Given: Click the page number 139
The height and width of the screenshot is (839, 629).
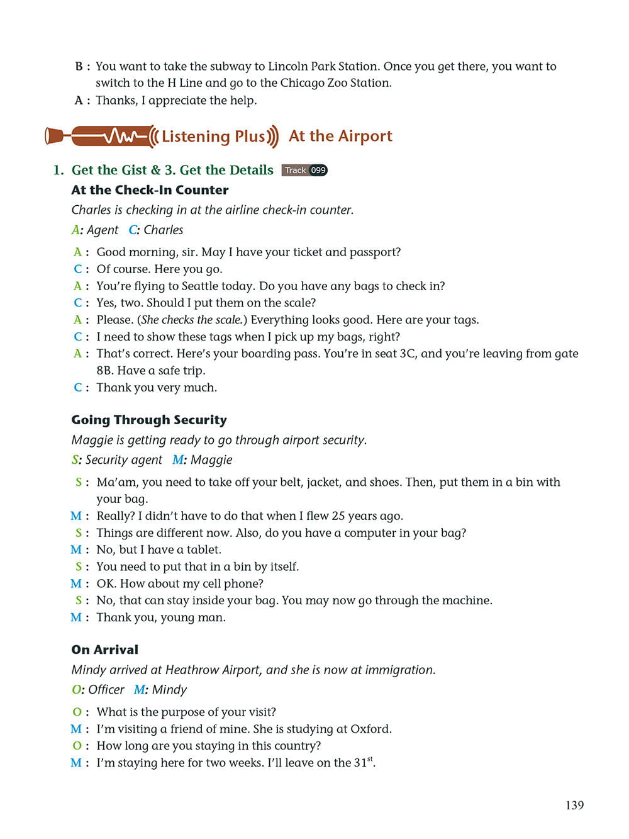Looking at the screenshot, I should click(574, 805).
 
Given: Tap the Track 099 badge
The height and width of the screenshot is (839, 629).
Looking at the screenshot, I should click(304, 170).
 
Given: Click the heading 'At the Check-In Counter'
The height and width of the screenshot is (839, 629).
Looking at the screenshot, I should click(150, 190).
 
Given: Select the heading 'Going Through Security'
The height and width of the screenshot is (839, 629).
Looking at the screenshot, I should click(149, 420).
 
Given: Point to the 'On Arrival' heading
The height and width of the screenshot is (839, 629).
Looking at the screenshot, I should click(104, 650).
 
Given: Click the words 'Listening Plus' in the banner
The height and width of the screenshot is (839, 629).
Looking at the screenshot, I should click(213, 137).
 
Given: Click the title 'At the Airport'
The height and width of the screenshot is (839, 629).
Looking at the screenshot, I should click(340, 136).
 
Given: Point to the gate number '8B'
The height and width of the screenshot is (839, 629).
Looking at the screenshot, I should click(104, 371).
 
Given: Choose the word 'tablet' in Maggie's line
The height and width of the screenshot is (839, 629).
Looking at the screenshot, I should click(204, 549).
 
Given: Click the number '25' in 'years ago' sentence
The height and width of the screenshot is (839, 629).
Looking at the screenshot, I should click(338, 516).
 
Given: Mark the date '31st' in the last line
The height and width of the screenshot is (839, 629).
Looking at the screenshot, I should click(363, 762).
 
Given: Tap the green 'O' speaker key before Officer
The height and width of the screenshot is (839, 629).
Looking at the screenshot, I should click(76, 690).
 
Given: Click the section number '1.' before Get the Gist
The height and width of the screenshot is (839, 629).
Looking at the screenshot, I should click(58, 170).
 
